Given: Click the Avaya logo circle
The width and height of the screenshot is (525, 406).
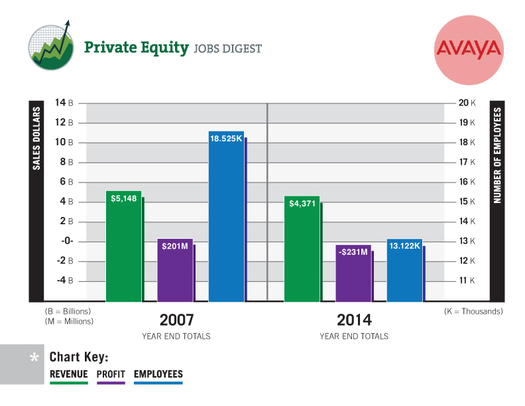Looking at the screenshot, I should [x=469, y=48].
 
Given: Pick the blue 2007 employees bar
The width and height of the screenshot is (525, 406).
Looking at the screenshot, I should [x=226, y=216].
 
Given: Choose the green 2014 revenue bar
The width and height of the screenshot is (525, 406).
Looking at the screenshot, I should [x=302, y=249].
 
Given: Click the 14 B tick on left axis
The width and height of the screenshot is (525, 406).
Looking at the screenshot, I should [x=64, y=103].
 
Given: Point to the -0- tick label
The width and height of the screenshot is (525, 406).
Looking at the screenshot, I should [x=67, y=241].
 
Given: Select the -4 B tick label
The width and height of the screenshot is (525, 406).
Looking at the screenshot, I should [x=64, y=281].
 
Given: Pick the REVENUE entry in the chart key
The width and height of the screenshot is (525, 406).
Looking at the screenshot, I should [x=69, y=374].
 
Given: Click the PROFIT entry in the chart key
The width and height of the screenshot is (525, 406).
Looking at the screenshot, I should [x=111, y=374].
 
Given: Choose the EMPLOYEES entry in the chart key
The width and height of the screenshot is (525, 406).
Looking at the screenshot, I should [x=158, y=374].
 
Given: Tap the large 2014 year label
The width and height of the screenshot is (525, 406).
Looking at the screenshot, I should [x=354, y=320].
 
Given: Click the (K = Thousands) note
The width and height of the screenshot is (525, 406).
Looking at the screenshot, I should [x=473, y=311].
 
